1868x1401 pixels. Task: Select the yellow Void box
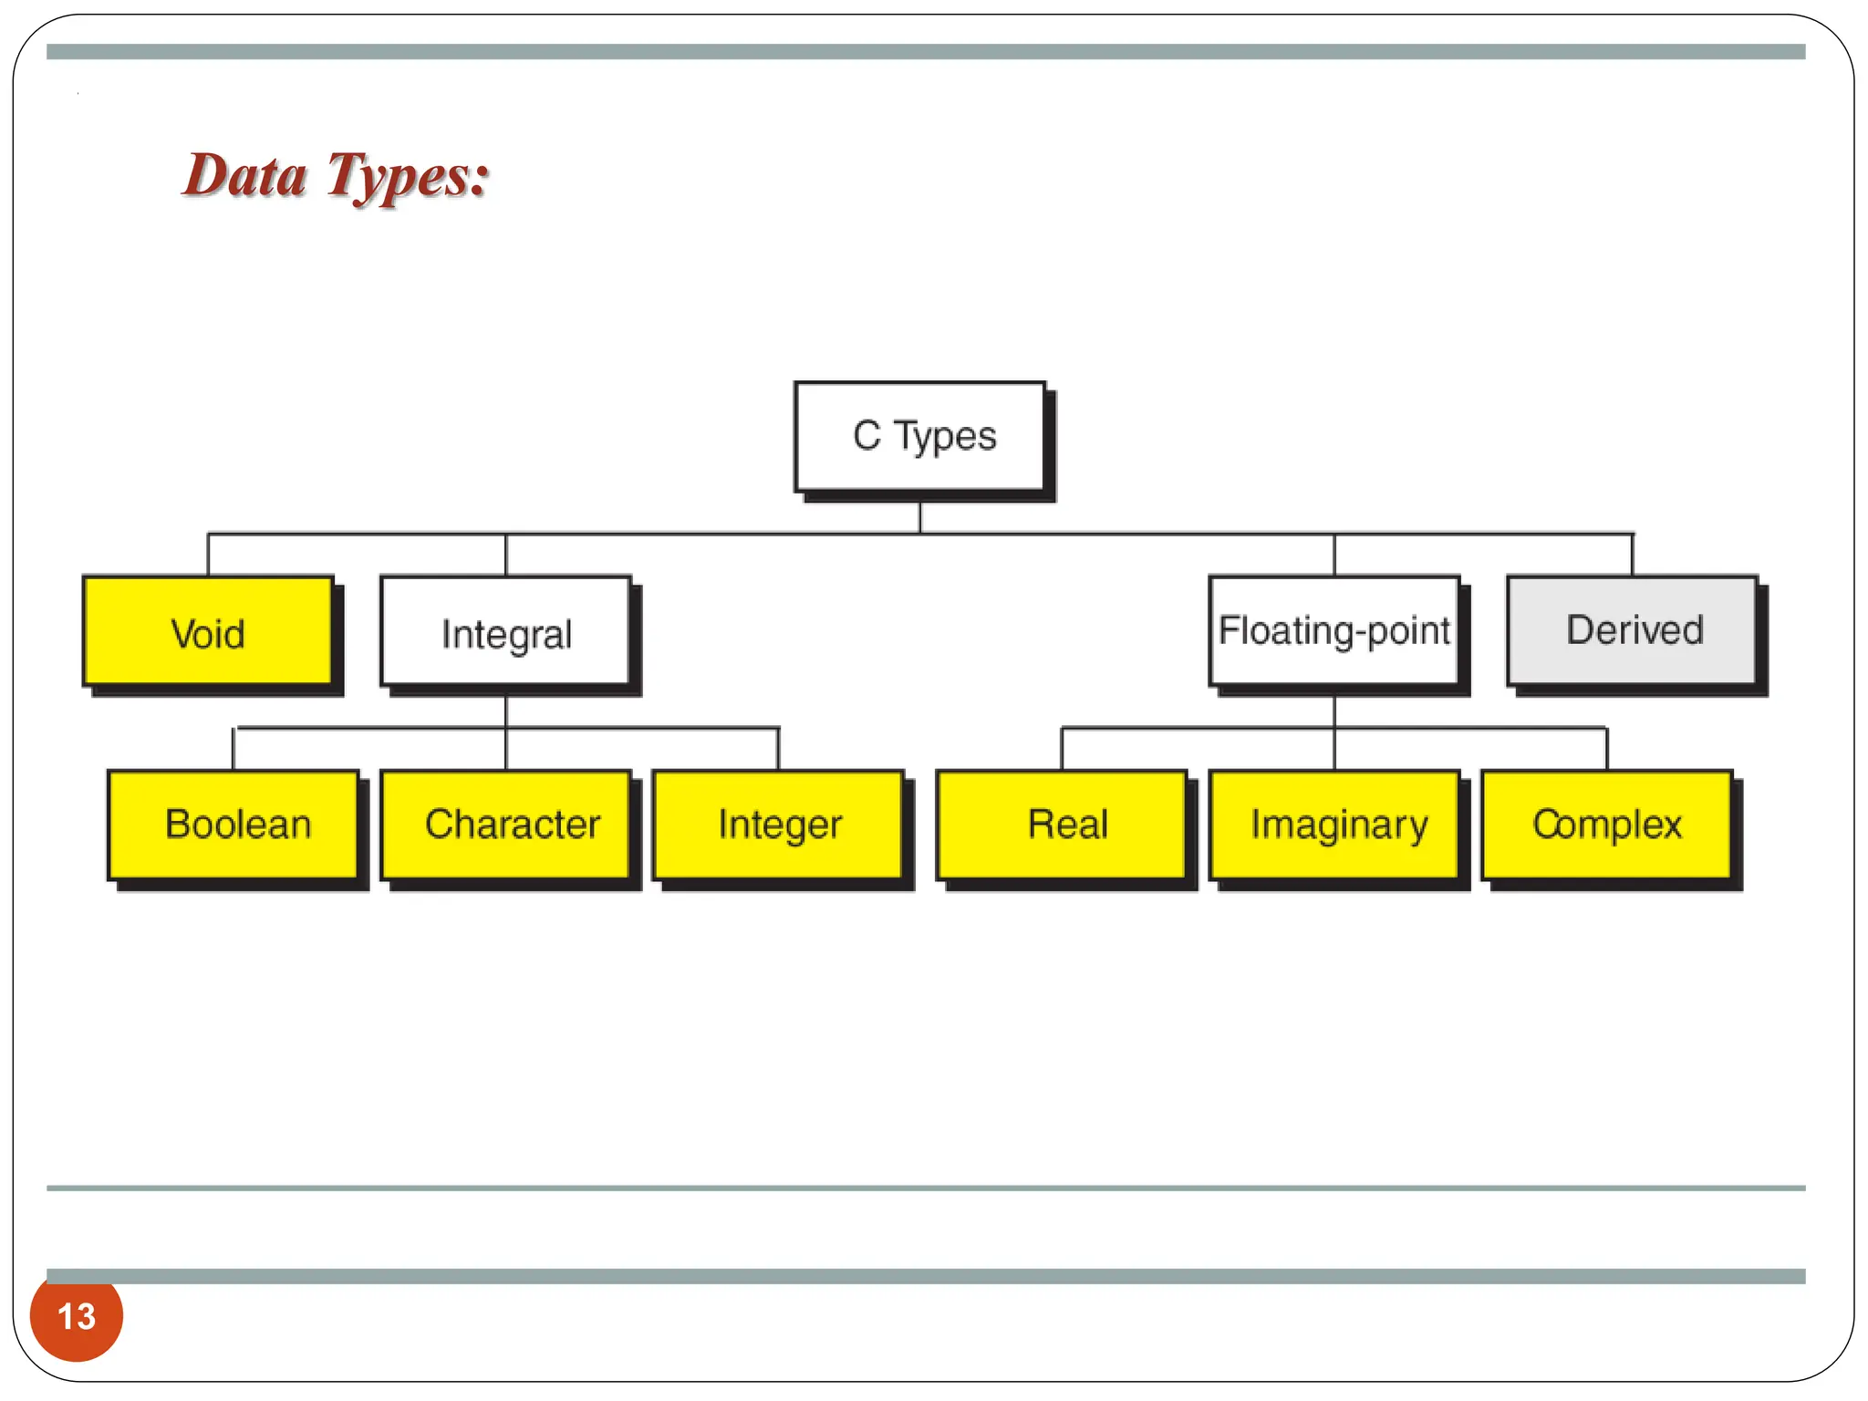pyautogui.click(x=208, y=631)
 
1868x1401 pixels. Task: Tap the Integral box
pyautogui.click(x=506, y=631)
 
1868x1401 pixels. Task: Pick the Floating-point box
pyautogui.click(x=1334, y=631)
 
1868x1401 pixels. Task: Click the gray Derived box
pyautogui.click(x=1632, y=631)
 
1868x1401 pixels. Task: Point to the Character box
pyautogui.click(x=506, y=825)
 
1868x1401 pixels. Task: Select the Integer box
pyautogui.click(x=778, y=825)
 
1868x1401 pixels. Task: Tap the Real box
pyautogui.click(x=1062, y=825)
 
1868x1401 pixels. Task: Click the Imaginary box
pyautogui.click(x=1334, y=825)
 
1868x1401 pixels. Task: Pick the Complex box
pyautogui.click(x=1606, y=825)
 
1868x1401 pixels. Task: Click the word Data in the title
pyautogui.click(x=244, y=175)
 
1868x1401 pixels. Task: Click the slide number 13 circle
pyautogui.click(x=77, y=1316)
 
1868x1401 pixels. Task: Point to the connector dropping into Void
pyautogui.click(x=208, y=555)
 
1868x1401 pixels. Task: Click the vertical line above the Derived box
pyautogui.click(x=1632, y=555)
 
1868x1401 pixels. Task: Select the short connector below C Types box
pyautogui.click(x=919, y=517)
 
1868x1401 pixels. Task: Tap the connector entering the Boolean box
pyautogui.click(x=233, y=749)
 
